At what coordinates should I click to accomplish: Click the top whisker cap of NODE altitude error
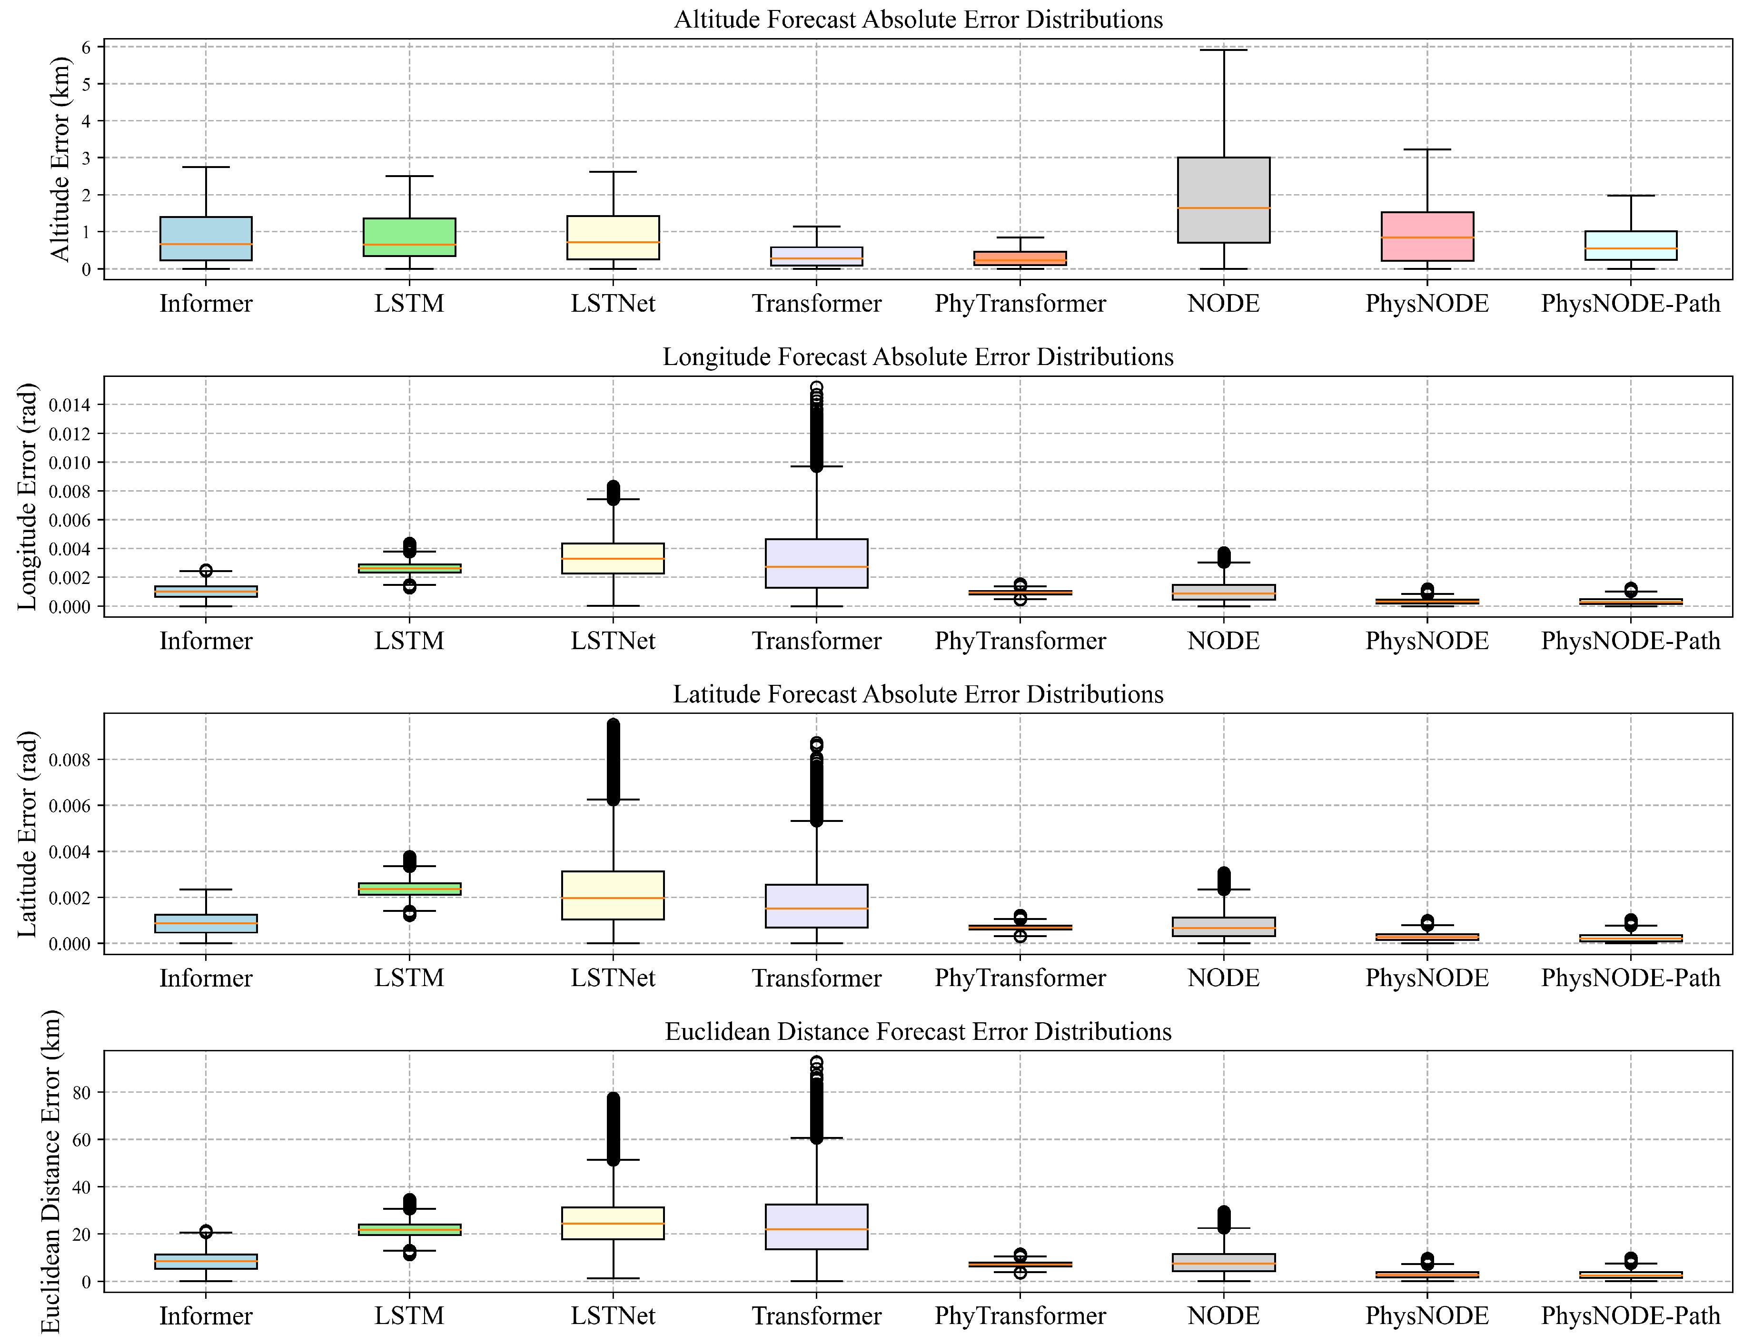[1223, 50]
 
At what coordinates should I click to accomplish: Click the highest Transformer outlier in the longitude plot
[816, 387]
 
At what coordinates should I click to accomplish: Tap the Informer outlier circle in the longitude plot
[206, 571]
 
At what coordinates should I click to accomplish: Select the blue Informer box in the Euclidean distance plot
[206, 1262]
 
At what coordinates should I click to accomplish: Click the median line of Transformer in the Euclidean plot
[816, 1229]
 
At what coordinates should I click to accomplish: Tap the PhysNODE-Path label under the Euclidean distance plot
[1631, 1316]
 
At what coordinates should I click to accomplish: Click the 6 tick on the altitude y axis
[87, 47]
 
